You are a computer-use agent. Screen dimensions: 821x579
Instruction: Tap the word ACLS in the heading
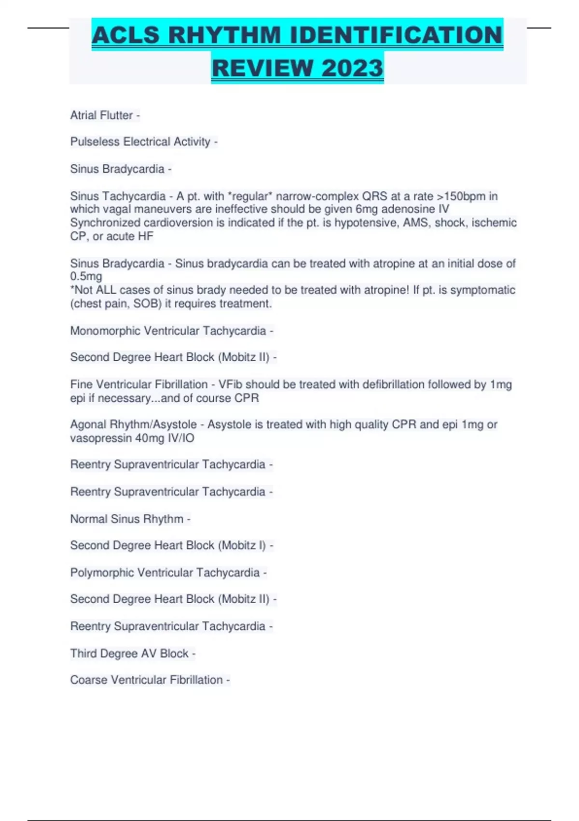click(x=125, y=35)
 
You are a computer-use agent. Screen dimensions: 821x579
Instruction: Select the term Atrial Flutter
click(x=101, y=115)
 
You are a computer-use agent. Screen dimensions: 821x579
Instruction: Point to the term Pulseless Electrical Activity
click(x=140, y=142)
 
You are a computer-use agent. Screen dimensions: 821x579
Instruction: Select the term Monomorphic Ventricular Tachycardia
click(x=168, y=331)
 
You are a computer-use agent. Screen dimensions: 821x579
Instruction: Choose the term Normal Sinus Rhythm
click(x=126, y=519)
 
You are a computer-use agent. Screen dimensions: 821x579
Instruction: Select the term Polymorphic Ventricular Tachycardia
click(x=165, y=573)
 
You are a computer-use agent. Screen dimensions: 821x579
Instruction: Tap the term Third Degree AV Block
click(x=129, y=653)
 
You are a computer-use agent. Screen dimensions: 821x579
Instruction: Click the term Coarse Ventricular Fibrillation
click(x=146, y=680)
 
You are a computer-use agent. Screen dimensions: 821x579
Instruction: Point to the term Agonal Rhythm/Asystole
click(x=133, y=425)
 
